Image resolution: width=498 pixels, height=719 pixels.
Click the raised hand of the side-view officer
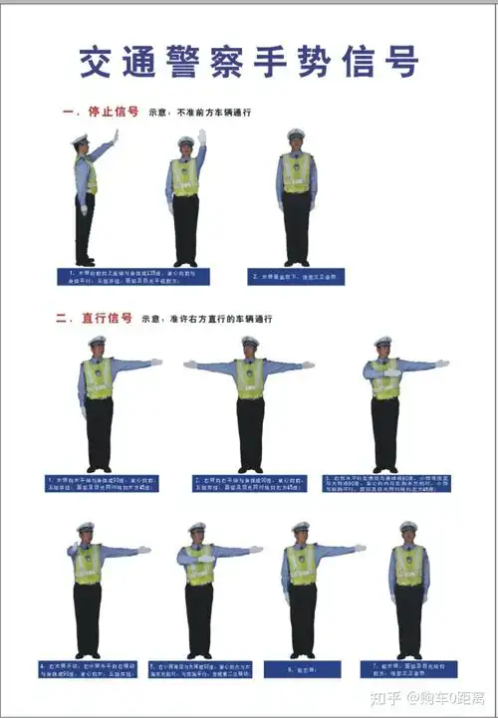point(115,135)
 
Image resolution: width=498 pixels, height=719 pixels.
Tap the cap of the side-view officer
point(80,139)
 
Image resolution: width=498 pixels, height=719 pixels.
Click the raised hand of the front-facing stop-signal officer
point(201,136)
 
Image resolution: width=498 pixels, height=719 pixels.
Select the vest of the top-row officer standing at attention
point(297,172)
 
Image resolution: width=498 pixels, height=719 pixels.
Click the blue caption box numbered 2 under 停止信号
point(297,276)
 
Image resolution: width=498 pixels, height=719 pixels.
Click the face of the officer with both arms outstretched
point(250,350)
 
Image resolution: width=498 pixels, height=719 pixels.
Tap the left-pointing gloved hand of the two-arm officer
point(190,364)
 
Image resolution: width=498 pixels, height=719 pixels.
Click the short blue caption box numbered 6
point(298,669)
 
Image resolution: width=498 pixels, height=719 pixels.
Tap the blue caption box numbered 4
point(87,669)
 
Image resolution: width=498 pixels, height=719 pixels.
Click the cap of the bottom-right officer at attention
point(408,526)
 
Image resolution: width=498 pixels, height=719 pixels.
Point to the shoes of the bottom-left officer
point(87,654)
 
